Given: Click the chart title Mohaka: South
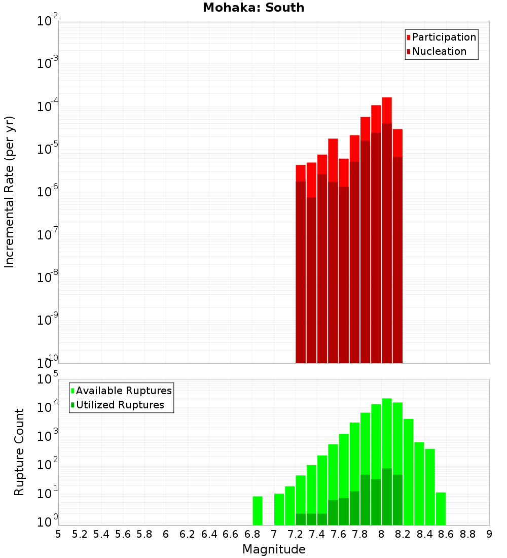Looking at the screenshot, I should [x=253, y=8].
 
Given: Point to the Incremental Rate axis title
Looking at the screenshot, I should [x=10, y=192].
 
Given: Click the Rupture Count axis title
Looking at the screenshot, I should [x=19, y=452].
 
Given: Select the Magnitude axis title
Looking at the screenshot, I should [x=274, y=549].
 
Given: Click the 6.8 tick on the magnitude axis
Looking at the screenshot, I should [x=252, y=534].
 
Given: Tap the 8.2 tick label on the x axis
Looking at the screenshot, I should [x=403, y=534].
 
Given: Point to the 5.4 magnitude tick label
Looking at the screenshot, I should [x=101, y=534].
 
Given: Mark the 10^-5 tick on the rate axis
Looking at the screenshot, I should [x=48, y=148].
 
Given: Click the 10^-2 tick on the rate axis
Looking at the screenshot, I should [x=48, y=21].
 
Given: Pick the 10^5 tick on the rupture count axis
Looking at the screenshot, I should [x=48, y=379].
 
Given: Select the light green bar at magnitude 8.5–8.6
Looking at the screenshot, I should [x=441, y=508].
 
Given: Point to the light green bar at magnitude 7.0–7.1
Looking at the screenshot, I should [x=279, y=509].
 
